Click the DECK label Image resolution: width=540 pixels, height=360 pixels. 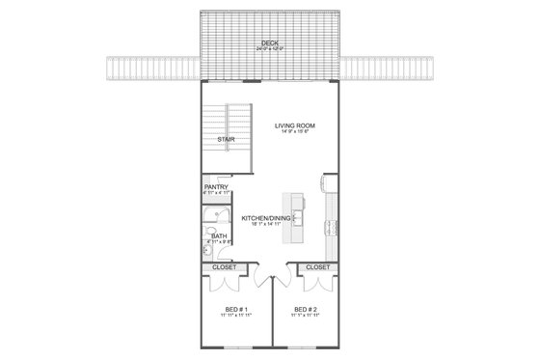click(x=269, y=42)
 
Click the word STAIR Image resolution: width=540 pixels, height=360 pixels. click(x=226, y=138)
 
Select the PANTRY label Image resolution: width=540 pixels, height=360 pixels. click(x=216, y=188)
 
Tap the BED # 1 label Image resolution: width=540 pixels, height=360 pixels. click(x=229, y=311)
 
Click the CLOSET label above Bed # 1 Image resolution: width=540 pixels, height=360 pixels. click(x=224, y=266)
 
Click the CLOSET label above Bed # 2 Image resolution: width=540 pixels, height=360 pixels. click(x=317, y=266)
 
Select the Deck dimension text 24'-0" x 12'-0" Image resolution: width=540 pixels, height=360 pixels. click(x=269, y=47)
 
